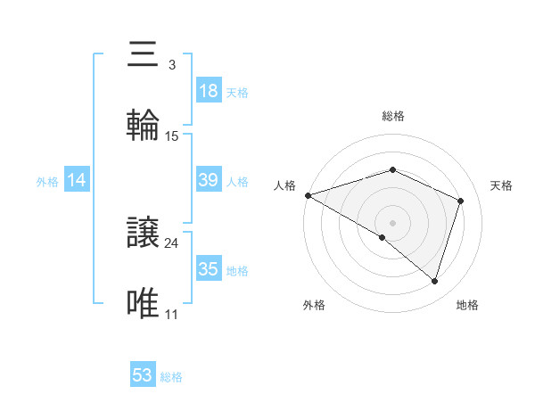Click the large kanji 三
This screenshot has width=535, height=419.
coord(143,55)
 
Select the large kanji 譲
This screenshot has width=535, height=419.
coord(143,234)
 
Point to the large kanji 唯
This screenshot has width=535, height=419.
coord(143,304)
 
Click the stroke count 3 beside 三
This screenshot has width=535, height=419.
coord(171,65)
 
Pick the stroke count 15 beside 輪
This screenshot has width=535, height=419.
coord(172,136)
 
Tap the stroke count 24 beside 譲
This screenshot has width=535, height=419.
coord(172,243)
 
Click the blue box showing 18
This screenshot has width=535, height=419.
coord(208,91)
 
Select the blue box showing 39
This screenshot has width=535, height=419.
coord(208,180)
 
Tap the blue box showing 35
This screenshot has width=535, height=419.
coord(208,269)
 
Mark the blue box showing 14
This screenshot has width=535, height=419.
coord(77,180)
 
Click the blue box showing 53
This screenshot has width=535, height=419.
coord(143,375)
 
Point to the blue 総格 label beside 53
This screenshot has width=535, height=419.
coord(171,377)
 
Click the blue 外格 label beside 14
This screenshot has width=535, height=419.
coord(47,182)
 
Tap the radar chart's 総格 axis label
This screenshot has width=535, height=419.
coord(392,116)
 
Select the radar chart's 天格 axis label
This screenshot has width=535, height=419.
coord(502,185)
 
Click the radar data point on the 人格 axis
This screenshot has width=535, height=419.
coord(308,195)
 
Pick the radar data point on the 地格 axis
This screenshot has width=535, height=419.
coord(434,282)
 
